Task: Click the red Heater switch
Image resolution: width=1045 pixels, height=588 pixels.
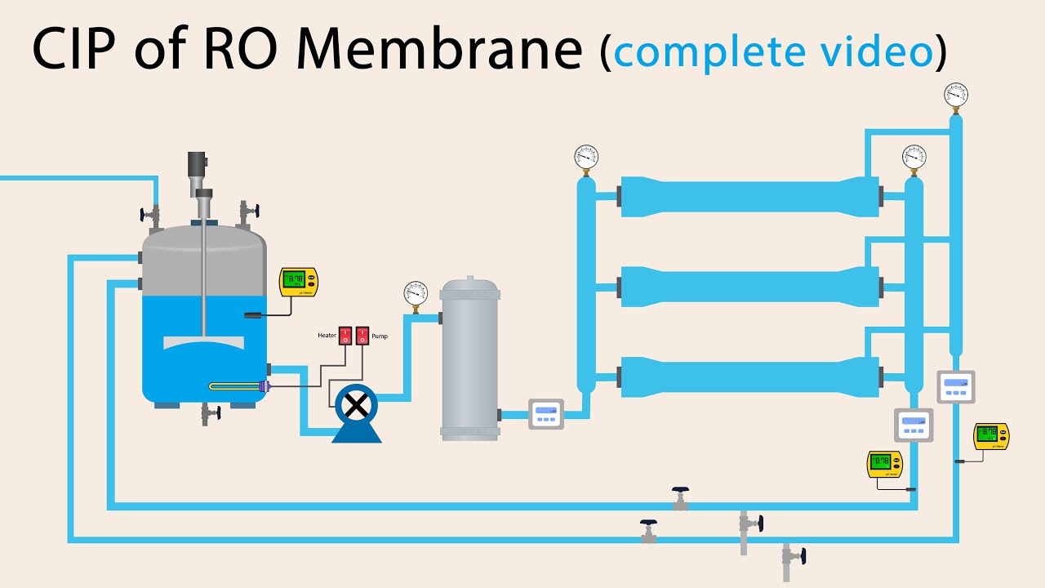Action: coord(345,336)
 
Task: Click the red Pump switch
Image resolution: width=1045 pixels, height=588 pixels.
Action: coord(362,336)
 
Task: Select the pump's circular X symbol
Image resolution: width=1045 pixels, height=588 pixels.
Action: coord(356,404)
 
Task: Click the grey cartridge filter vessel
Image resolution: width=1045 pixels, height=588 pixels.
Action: coord(469,359)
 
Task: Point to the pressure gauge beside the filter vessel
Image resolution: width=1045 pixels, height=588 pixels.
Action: coord(416,293)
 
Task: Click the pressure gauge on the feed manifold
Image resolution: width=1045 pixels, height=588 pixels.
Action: coord(585,157)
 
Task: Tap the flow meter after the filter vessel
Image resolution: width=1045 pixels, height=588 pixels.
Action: coord(545,414)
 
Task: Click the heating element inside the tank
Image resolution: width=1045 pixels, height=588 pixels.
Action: coord(237,387)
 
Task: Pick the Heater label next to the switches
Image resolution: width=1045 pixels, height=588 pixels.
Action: coord(327,336)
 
